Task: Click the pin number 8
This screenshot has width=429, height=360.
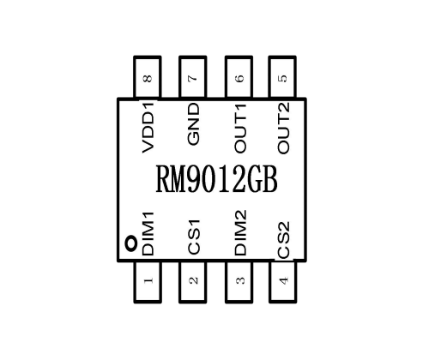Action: [148, 78]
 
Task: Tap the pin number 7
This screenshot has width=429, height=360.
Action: [193, 78]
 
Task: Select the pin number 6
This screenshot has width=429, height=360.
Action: [239, 78]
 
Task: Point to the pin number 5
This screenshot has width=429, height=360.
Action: [282, 78]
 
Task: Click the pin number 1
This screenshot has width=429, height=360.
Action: [148, 280]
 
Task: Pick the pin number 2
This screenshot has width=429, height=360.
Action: [194, 280]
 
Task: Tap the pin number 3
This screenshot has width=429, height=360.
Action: [240, 280]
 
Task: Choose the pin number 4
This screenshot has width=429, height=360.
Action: [283, 280]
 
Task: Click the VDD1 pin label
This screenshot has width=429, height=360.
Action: [148, 127]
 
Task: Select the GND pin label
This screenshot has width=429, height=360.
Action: [193, 124]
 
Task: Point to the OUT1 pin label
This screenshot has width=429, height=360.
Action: [240, 129]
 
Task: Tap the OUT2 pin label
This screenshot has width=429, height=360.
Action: [283, 128]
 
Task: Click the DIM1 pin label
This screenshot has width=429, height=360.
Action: [148, 234]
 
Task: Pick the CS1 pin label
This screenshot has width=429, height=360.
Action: [194, 237]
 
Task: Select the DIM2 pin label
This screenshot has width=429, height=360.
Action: [240, 232]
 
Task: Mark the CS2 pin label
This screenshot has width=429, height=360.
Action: [283, 240]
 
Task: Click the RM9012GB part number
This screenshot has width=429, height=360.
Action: [216, 179]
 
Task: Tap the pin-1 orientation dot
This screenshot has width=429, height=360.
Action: [131, 243]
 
